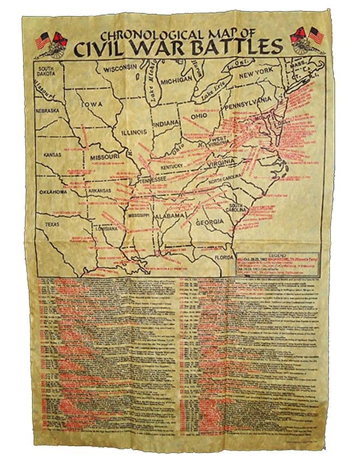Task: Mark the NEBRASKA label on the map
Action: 47,110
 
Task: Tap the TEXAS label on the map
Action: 53,224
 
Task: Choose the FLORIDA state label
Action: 223,257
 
